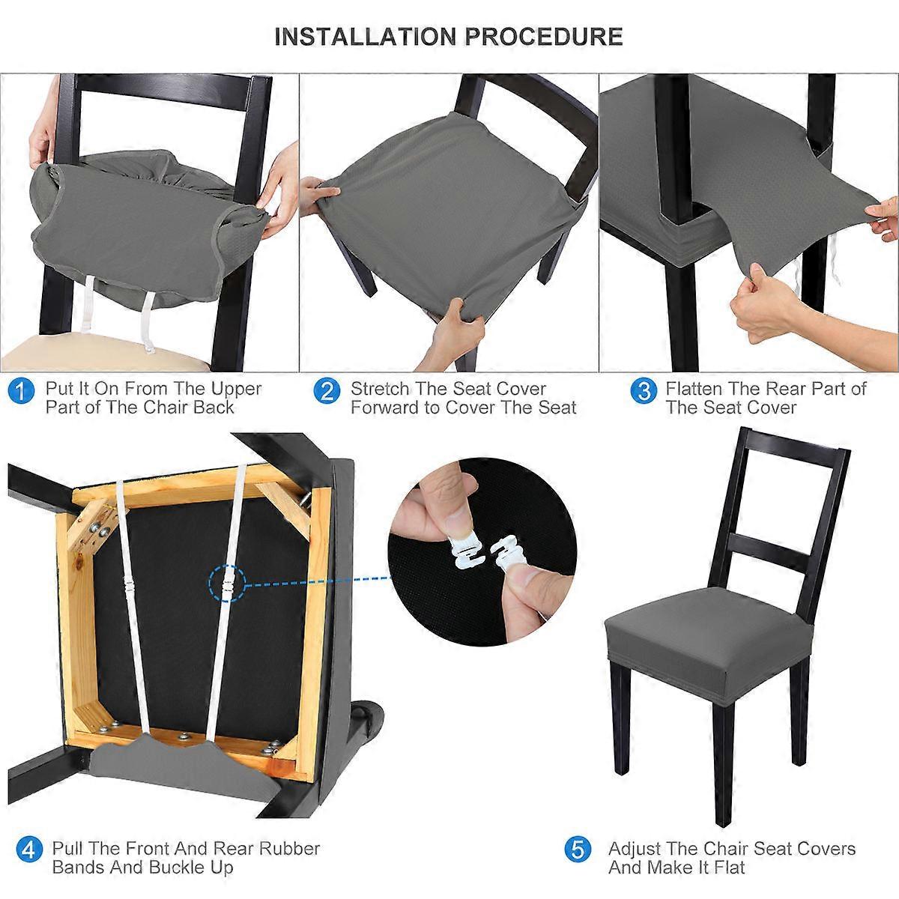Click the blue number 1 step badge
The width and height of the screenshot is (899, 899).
22,390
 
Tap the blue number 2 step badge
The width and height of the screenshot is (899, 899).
327,390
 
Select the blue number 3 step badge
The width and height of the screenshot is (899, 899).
644,390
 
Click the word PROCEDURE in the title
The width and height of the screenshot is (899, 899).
543,37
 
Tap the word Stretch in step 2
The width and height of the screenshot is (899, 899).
379,388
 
